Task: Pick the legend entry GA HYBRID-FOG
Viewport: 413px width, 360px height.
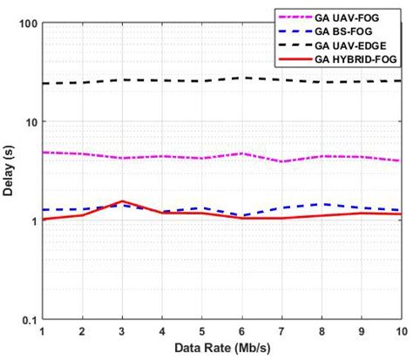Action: (x=358, y=58)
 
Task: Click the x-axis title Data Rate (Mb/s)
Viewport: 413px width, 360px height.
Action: (x=221, y=349)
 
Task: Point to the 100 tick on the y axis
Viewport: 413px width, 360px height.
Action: (x=25, y=24)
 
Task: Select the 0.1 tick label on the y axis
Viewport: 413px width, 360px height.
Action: (x=25, y=320)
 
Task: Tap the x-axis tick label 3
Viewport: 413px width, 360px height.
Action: (x=122, y=332)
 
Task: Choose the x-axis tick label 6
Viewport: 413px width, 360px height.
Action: (x=241, y=332)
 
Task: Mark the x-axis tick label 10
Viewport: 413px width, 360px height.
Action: (x=399, y=332)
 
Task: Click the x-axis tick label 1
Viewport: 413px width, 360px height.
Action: (x=42, y=332)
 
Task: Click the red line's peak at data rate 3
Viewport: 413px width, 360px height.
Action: (x=122, y=201)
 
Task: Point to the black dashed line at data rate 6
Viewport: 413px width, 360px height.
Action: (x=241, y=78)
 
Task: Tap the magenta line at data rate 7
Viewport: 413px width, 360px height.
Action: (x=281, y=161)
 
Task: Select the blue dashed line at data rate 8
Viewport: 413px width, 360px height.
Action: (x=321, y=204)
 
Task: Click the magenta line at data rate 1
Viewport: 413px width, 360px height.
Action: (x=42, y=153)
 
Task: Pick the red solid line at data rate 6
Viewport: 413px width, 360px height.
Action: (x=241, y=218)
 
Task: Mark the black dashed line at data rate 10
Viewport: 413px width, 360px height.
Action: (x=400, y=81)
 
